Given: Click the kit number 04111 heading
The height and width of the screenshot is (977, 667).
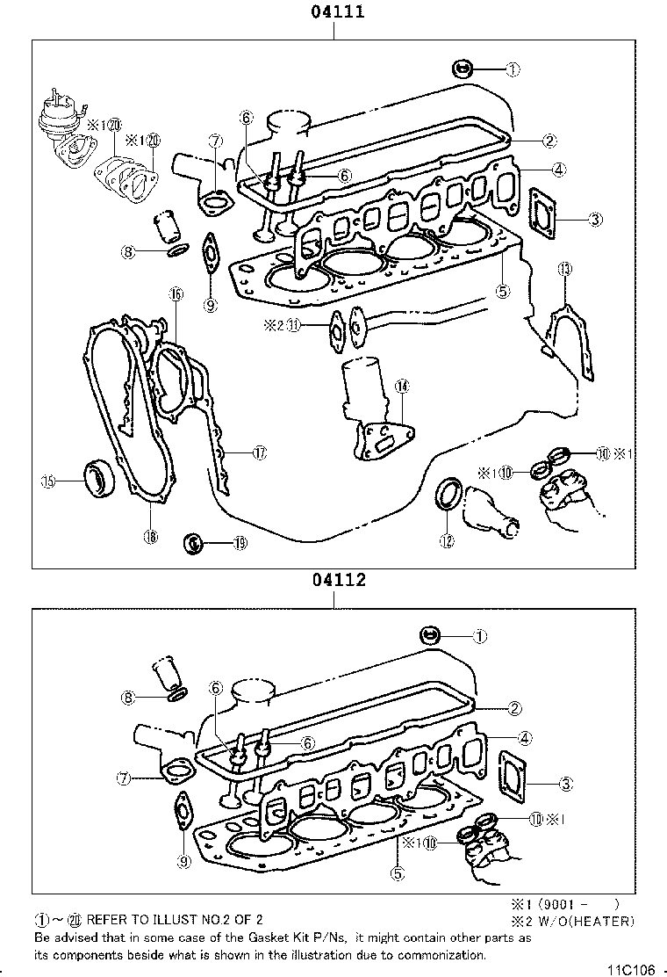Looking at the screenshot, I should (333, 12).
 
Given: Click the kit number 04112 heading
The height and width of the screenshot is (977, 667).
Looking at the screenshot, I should (333, 581).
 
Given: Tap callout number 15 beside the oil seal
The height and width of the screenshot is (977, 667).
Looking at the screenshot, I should (49, 481).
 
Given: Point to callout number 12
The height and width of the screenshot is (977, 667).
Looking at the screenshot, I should (448, 541).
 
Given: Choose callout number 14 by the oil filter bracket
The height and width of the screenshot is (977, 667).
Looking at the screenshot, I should (401, 386).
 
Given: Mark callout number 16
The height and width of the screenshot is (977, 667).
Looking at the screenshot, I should (176, 294).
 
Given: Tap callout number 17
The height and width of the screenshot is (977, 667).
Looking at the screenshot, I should (259, 452).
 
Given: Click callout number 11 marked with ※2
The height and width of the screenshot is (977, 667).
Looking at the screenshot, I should (295, 325).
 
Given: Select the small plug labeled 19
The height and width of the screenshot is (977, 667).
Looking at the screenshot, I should (193, 543).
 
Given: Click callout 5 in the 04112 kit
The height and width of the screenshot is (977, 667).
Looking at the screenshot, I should (398, 873).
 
